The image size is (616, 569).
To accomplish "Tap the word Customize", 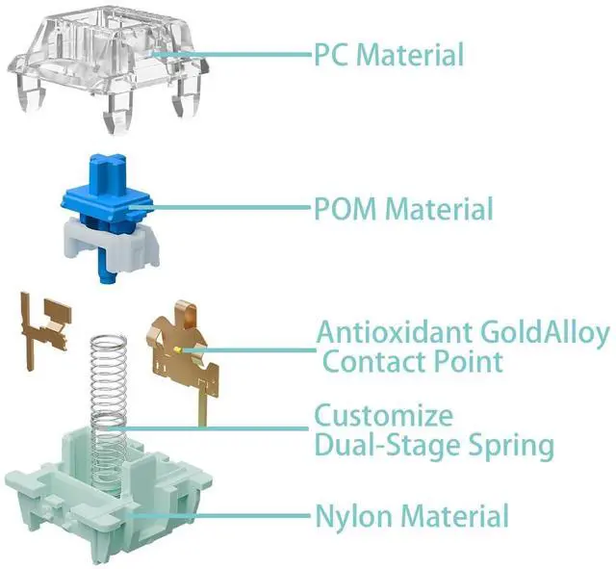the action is click(383, 418).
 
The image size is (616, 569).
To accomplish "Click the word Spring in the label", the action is click(507, 446).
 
